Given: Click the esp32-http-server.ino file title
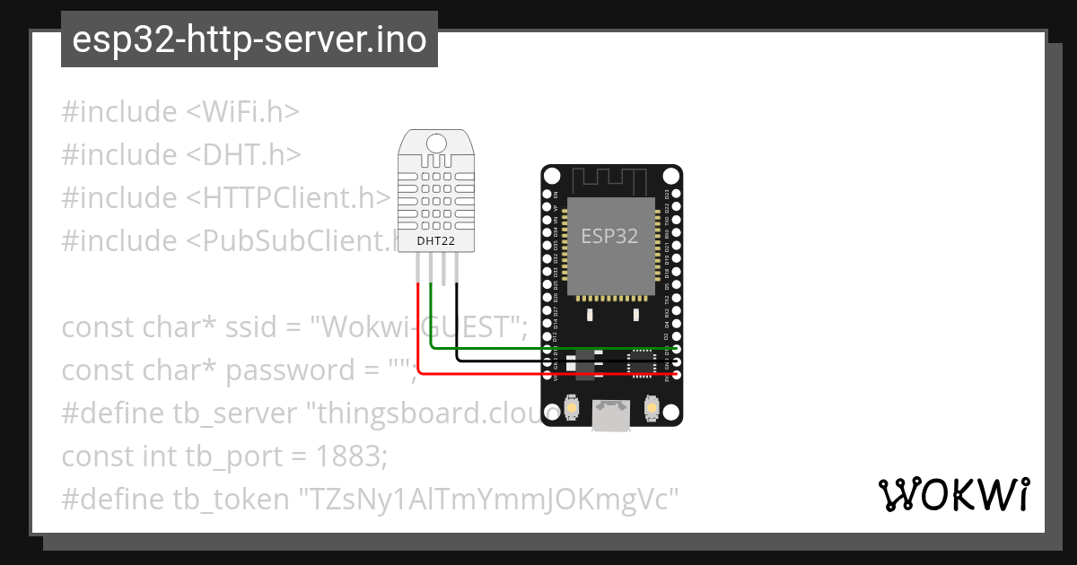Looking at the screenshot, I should (x=249, y=40).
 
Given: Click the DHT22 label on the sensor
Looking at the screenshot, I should (x=436, y=240).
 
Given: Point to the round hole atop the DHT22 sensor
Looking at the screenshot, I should (x=436, y=143).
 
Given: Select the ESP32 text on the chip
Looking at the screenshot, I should (x=609, y=236).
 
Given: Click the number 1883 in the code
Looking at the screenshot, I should (x=350, y=456).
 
